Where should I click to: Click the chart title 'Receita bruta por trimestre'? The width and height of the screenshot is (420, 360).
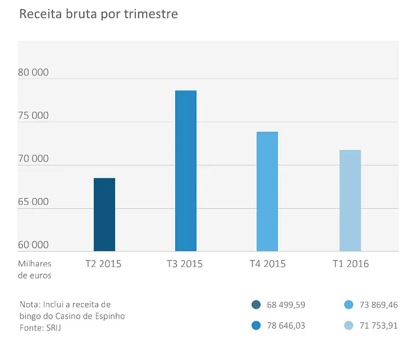(98, 14)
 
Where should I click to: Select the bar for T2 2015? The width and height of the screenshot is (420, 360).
(104, 215)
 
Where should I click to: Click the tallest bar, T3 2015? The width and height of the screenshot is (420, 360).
(185, 171)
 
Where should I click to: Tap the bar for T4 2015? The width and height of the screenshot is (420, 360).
(267, 191)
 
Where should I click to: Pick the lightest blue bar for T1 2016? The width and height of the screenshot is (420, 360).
(350, 200)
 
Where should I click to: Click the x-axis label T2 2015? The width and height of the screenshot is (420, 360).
(103, 264)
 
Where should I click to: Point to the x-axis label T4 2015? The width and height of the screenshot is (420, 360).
(268, 264)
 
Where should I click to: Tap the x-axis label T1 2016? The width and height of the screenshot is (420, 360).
(350, 264)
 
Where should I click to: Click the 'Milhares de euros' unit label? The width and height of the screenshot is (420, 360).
(35, 270)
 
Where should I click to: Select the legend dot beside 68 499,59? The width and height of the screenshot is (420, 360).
(256, 305)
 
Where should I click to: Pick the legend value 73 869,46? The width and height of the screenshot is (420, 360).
(379, 305)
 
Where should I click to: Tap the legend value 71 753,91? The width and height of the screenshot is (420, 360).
(379, 325)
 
